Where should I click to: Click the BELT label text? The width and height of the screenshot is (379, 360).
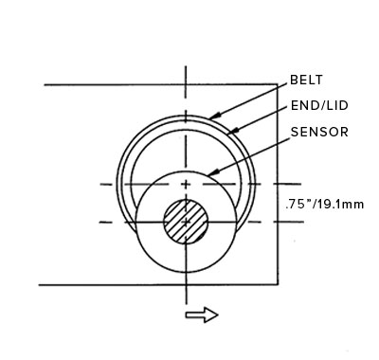(306, 80)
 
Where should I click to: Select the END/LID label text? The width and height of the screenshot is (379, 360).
(319, 105)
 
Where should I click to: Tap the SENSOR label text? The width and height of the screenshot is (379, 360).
(319, 132)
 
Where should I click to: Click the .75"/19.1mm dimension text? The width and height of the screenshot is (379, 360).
(325, 205)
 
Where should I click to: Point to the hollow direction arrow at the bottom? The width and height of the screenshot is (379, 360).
(202, 315)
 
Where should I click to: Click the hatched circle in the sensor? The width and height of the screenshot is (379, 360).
(186, 222)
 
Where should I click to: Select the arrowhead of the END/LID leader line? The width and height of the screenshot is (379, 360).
(232, 131)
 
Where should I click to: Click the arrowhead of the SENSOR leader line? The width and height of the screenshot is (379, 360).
(212, 172)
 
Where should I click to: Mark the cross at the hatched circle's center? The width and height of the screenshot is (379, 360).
(186, 223)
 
